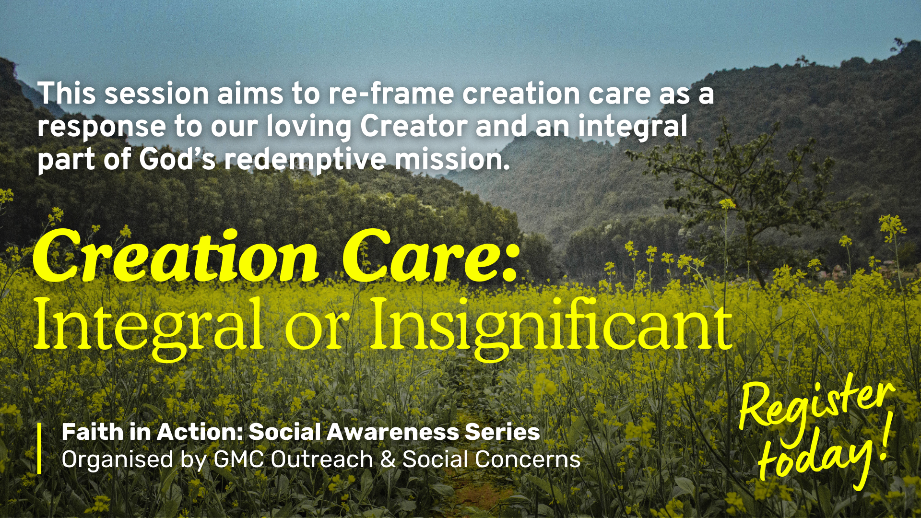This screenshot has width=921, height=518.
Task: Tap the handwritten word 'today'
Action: coord(815,458)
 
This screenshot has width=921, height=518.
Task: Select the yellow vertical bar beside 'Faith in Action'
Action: coord(39,448)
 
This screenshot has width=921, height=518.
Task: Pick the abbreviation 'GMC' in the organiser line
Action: coord(239,459)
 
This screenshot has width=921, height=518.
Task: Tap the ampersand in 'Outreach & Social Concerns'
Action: coord(388,459)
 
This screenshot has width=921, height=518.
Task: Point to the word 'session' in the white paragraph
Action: coord(156,94)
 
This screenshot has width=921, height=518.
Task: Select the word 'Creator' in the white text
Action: coord(413,126)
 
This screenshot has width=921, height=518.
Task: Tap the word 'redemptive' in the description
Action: coord(305,159)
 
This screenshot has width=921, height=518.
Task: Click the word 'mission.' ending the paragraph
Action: coord(452,159)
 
